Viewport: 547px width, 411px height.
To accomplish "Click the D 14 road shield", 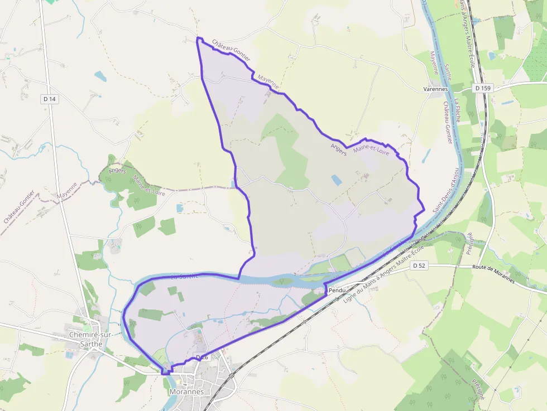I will tap(50, 99).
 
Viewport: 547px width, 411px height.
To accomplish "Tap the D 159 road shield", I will tap(483, 88).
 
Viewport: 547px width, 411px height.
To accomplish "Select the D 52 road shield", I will tap(419, 266).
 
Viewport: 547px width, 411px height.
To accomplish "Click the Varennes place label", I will tap(436, 89).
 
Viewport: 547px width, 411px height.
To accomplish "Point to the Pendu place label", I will tap(338, 291).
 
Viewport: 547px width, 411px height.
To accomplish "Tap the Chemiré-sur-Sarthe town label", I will tap(86, 339).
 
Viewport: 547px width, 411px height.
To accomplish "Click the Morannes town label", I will tap(186, 391).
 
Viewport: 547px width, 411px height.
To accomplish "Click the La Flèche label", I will tap(457, 110).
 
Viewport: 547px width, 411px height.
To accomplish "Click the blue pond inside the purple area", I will tap(337, 180).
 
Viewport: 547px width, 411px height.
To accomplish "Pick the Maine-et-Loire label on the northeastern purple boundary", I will tap(371, 149).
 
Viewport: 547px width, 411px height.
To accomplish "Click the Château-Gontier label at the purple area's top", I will tap(231, 50).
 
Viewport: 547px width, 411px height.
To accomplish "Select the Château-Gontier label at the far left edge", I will tap(19, 207).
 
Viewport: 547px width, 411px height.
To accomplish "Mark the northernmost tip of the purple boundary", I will tap(198, 38).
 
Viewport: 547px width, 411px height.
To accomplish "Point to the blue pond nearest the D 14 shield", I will tap(100, 76).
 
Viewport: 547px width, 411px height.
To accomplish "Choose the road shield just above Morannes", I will tap(201, 357).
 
